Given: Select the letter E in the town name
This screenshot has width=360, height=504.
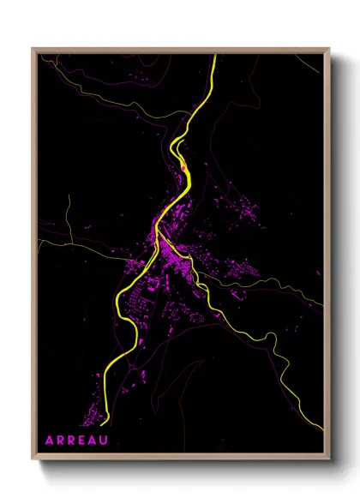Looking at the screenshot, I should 76,440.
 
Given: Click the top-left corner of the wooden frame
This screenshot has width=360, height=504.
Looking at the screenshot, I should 33,49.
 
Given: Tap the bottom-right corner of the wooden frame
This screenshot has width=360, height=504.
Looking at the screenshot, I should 329,459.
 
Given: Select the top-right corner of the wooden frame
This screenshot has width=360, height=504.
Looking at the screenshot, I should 329,49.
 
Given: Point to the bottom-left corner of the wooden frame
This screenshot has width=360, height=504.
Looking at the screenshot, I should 33,459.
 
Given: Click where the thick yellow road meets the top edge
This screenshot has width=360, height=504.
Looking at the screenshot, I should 214,56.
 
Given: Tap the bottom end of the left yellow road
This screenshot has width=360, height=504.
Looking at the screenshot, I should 103,423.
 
